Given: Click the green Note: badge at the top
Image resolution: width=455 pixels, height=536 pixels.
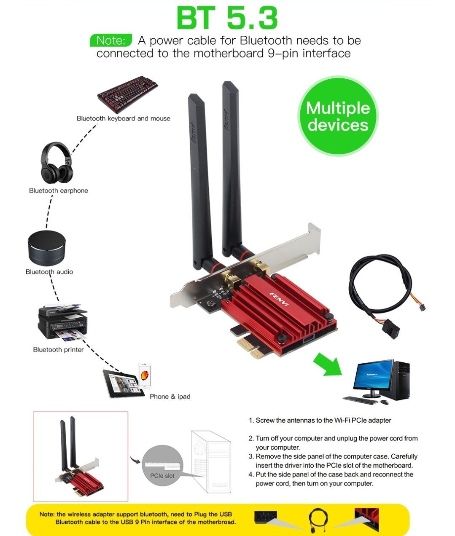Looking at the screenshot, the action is (x=111, y=40).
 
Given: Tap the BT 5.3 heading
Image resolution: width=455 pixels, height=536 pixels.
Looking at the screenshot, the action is (x=227, y=18).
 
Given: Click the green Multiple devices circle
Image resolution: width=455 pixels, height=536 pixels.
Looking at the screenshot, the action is (x=338, y=116).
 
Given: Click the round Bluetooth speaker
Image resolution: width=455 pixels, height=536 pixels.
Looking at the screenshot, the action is (x=46, y=248).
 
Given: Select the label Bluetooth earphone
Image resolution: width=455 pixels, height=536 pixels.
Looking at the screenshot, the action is (x=59, y=190).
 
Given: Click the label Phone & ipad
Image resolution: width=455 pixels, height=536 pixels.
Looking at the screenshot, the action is (x=170, y=397).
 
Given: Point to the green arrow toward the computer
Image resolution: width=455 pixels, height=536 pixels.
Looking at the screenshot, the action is (x=328, y=364).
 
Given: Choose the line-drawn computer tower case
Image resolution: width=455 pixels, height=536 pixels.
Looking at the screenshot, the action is (x=211, y=461).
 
